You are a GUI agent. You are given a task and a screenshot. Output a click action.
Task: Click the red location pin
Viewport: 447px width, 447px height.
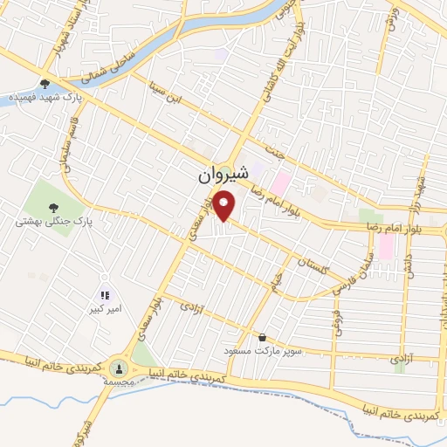click(x=226, y=206)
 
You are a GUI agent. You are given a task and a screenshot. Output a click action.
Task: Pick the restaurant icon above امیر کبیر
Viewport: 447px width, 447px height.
click(x=105, y=296)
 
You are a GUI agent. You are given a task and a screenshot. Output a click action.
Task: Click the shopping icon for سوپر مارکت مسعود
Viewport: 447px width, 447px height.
click(x=262, y=337)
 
